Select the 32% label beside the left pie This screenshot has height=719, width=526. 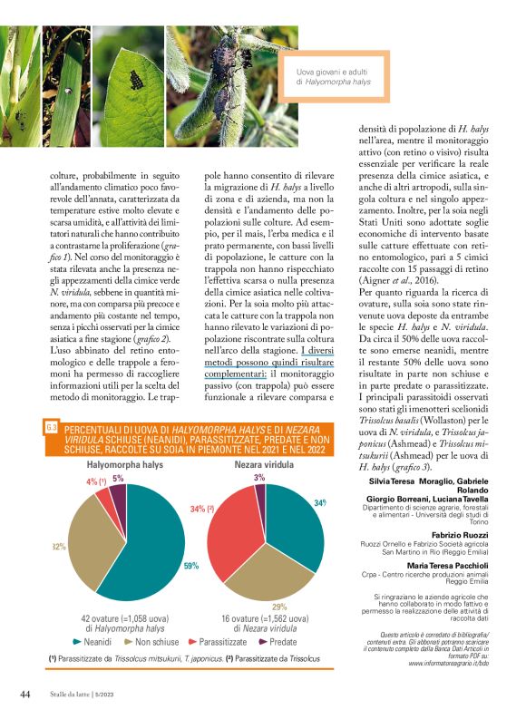pyautogui.click(x=59, y=546)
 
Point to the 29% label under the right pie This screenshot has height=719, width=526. pyautogui.click(x=279, y=607)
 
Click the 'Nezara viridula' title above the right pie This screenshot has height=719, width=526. pyautogui.click(x=267, y=463)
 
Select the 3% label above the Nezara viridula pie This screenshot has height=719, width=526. pyautogui.click(x=259, y=477)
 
